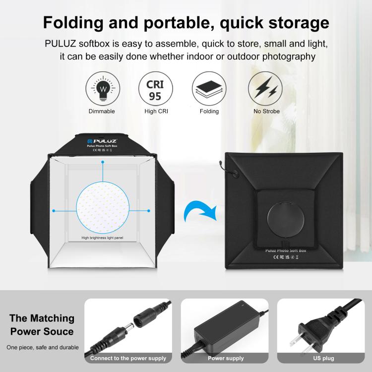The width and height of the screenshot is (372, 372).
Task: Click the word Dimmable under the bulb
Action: pyautogui.click(x=101, y=112)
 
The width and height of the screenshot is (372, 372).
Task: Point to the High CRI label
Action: pyautogui.click(x=156, y=112)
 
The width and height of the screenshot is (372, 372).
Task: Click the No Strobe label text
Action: pyautogui.click(x=266, y=112)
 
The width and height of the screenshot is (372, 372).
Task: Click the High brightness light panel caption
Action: pyautogui.click(x=102, y=238)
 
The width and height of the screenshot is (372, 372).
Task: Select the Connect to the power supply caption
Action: pyautogui.click(x=128, y=358)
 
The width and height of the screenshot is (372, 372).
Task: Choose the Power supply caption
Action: pyautogui.click(x=225, y=358)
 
